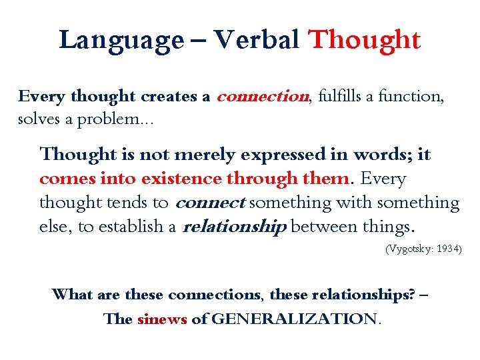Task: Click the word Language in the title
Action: (x=120, y=41)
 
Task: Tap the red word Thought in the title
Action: (x=364, y=40)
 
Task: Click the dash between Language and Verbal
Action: (x=199, y=41)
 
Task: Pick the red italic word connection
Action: (x=263, y=97)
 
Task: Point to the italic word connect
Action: (x=210, y=203)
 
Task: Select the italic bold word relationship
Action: (x=234, y=227)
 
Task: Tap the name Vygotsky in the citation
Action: (x=409, y=249)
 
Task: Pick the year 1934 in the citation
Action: (x=447, y=249)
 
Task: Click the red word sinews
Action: (x=162, y=319)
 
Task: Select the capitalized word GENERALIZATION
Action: (x=294, y=319)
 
